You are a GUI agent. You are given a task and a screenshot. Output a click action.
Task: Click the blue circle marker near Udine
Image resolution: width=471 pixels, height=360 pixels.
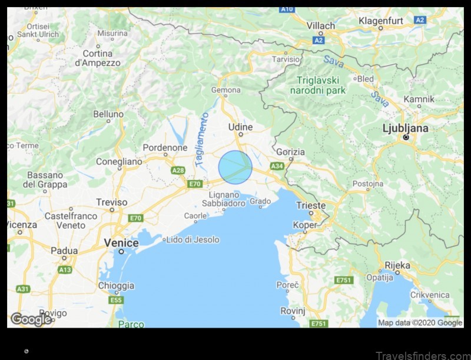coord(235,167)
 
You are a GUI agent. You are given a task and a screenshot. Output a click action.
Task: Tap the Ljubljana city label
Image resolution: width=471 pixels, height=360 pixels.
coord(406,128)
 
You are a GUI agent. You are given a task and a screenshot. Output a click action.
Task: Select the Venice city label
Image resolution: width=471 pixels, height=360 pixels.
coord(121,243)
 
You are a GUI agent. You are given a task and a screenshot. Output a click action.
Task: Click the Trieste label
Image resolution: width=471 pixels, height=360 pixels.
coord(311,205)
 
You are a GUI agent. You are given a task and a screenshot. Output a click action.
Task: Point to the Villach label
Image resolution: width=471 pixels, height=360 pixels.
coord(321,26)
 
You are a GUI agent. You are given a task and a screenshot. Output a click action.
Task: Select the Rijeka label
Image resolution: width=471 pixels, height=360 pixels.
coord(397,265)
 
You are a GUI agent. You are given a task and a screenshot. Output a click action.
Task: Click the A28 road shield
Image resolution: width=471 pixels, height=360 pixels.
coord(178,170)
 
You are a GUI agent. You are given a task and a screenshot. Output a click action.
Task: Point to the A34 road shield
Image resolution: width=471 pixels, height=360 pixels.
coord(277,166)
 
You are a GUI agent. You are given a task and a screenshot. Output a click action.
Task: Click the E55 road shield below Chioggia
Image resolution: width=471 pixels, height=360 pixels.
coord(116,300)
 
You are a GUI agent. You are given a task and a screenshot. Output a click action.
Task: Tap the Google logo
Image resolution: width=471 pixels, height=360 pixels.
coord(31,319)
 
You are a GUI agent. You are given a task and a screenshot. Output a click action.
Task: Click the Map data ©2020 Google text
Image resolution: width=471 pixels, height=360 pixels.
coord(420,322)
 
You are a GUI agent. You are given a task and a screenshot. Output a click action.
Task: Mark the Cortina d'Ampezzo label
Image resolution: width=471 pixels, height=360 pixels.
coord(98,58)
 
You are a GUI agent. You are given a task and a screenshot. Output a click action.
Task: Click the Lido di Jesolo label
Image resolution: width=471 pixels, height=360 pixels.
coord(193,239)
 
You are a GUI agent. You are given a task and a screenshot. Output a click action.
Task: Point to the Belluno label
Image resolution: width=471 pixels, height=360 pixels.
coord(108,114)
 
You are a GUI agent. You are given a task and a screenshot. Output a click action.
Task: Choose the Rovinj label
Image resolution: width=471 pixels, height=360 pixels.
coord(292,311)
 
